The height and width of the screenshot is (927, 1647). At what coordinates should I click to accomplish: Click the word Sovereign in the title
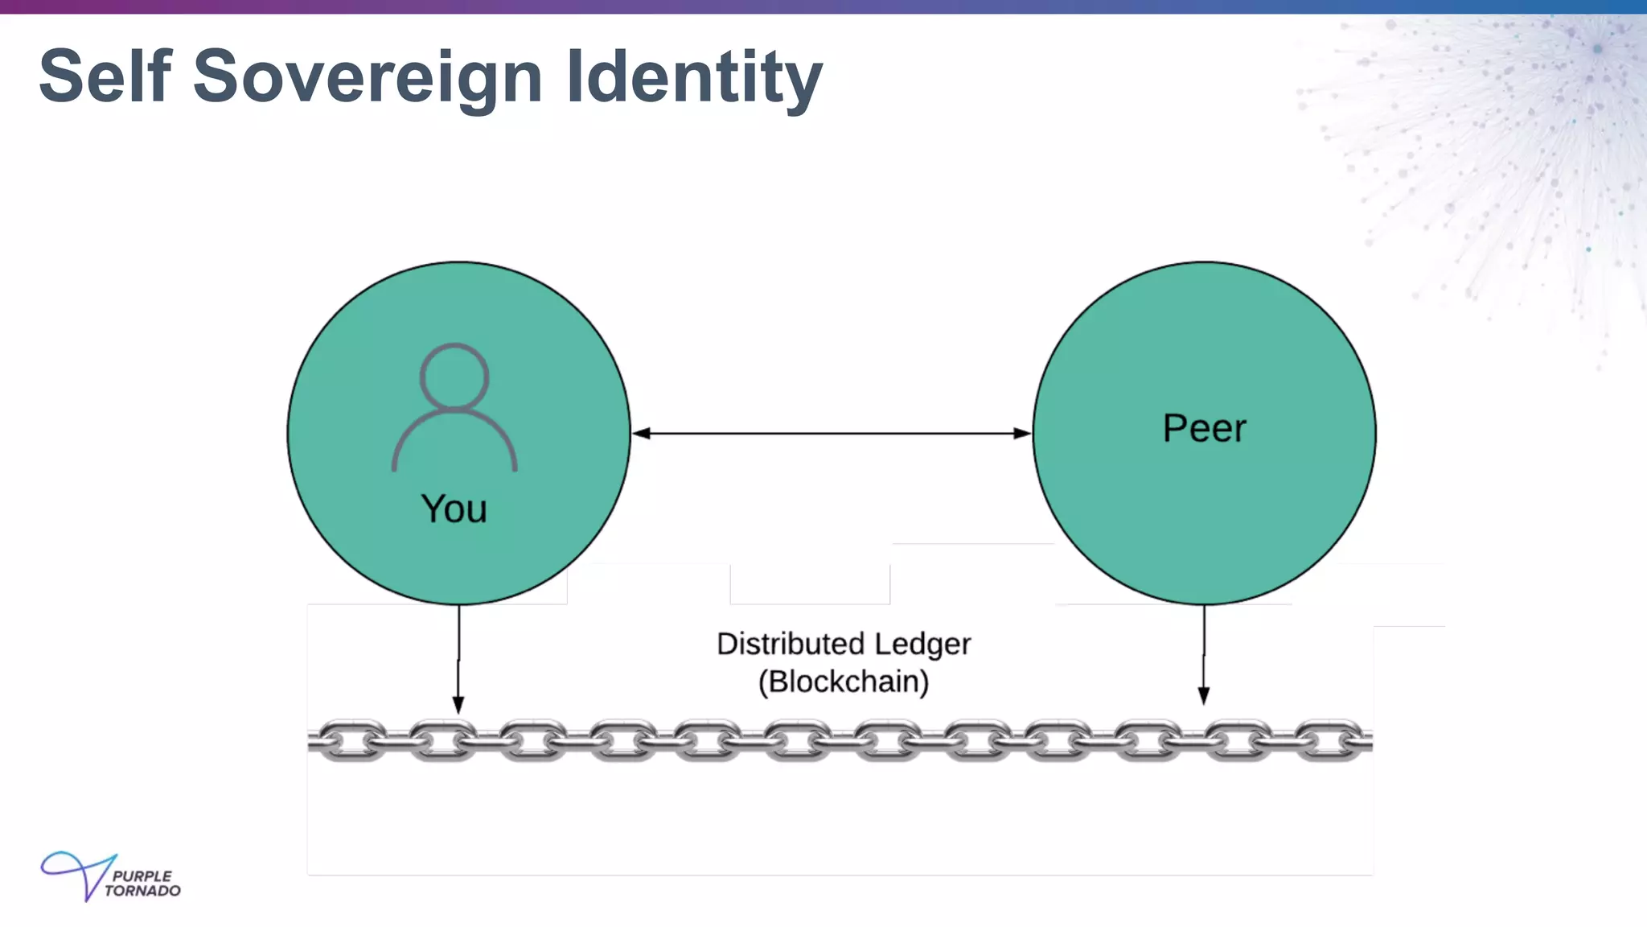(x=368, y=76)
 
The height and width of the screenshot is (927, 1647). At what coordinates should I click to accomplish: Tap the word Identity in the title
(x=694, y=76)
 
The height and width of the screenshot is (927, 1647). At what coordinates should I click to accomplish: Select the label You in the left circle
(x=454, y=509)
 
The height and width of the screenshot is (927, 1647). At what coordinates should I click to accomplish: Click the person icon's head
(x=454, y=377)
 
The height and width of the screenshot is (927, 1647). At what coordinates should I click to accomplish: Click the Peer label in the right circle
(x=1204, y=428)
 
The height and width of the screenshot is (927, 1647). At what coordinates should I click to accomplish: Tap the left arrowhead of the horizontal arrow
(x=641, y=434)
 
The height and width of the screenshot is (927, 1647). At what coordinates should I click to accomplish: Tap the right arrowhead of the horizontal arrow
(x=1022, y=434)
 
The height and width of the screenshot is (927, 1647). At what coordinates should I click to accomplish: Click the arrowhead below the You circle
(x=458, y=704)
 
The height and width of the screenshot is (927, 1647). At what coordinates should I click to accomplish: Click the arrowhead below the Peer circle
(x=1204, y=696)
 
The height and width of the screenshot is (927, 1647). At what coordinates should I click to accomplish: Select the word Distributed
(x=791, y=644)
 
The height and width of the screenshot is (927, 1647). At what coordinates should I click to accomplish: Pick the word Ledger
(x=922, y=644)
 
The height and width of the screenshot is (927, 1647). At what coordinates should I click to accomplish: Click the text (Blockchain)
(x=844, y=682)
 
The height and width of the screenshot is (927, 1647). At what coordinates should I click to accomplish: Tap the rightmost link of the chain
(x=1331, y=740)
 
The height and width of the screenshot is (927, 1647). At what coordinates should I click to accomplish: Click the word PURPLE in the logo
(x=142, y=875)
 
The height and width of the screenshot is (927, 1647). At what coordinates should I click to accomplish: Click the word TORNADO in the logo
(x=142, y=891)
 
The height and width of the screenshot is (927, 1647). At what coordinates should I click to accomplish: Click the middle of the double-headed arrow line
(x=832, y=434)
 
